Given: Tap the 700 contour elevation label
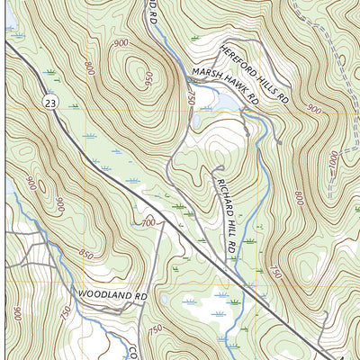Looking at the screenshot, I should click(x=149, y=221).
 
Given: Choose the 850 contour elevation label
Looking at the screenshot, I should click(x=85, y=255).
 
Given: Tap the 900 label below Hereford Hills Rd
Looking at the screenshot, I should click(x=312, y=109).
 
